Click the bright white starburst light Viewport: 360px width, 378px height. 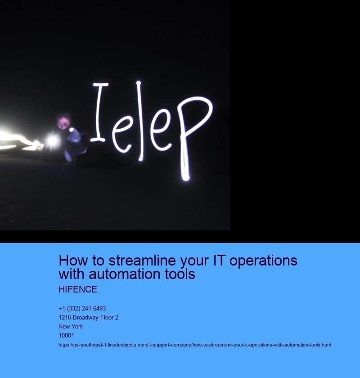click(x=52, y=141)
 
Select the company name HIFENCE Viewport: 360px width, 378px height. click(x=78, y=290)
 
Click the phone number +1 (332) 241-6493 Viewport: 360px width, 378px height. click(x=82, y=309)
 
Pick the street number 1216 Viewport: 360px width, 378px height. click(x=65, y=318)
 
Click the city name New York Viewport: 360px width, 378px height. click(x=71, y=327)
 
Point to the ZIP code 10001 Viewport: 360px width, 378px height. click(x=66, y=336)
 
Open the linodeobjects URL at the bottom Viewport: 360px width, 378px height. click(x=194, y=345)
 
